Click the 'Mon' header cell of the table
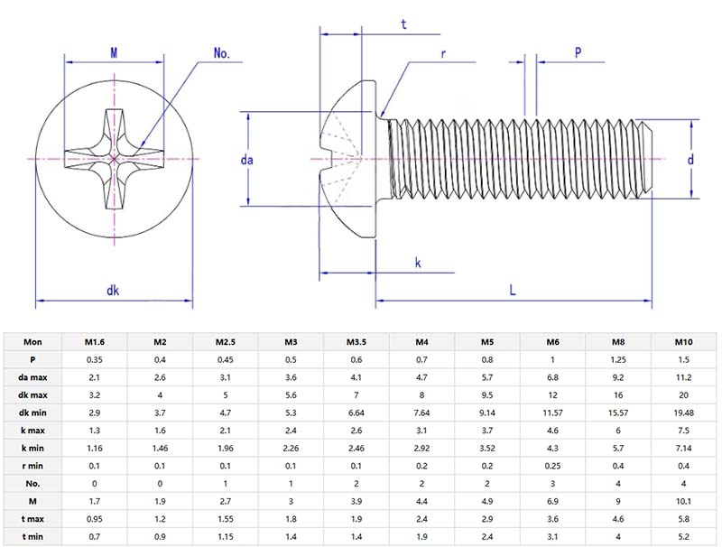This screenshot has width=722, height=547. [x=32, y=343]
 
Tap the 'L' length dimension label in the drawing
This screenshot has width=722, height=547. [x=512, y=290]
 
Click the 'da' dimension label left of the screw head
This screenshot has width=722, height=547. [x=247, y=160]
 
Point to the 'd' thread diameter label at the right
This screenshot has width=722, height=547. [x=690, y=160]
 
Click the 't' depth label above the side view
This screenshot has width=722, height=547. [x=403, y=25]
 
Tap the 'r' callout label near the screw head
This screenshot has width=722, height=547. [x=443, y=53]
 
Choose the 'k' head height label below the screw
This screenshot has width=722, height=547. [x=418, y=263]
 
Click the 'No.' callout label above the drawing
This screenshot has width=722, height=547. [x=222, y=53]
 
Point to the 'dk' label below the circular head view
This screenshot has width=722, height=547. [x=114, y=290]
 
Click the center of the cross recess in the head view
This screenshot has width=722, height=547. [x=115, y=160]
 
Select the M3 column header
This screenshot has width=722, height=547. [x=291, y=343]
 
